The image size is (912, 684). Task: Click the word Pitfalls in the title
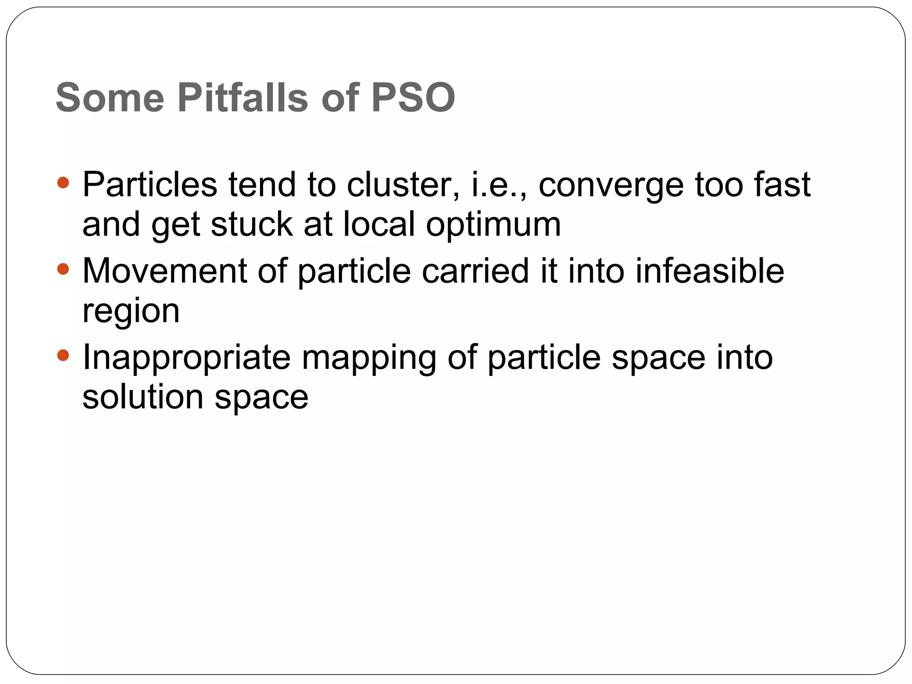click(x=243, y=98)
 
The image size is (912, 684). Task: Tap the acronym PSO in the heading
click(x=413, y=98)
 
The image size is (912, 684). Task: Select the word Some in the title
click(x=110, y=98)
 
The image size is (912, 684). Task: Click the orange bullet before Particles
click(x=63, y=183)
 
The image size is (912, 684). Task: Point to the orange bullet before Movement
click(x=63, y=269)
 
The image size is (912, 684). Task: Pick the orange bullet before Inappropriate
click(x=63, y=355)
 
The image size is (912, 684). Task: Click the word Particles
click(x=150, y=184)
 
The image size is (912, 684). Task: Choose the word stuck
click(x=252, y=224)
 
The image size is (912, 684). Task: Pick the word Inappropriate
click(x=187, y=358)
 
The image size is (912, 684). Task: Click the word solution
click(x=143, y=397)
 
